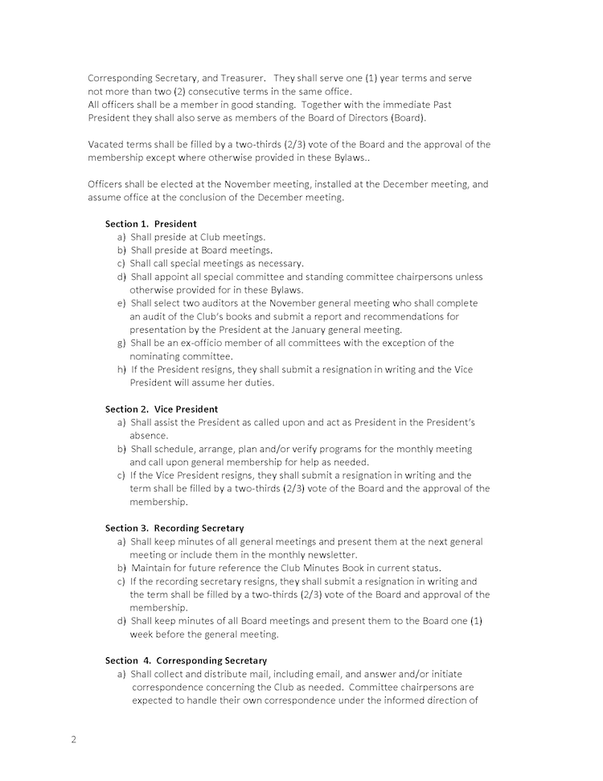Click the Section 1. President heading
pos(151,224)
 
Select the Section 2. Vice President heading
pos(162,409)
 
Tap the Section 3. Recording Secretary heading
pos(174,528)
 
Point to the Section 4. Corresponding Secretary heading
pos(187,660)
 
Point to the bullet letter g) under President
pos(121,343)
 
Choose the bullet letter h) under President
pos(121,369)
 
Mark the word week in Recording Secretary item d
pos(144,635)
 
